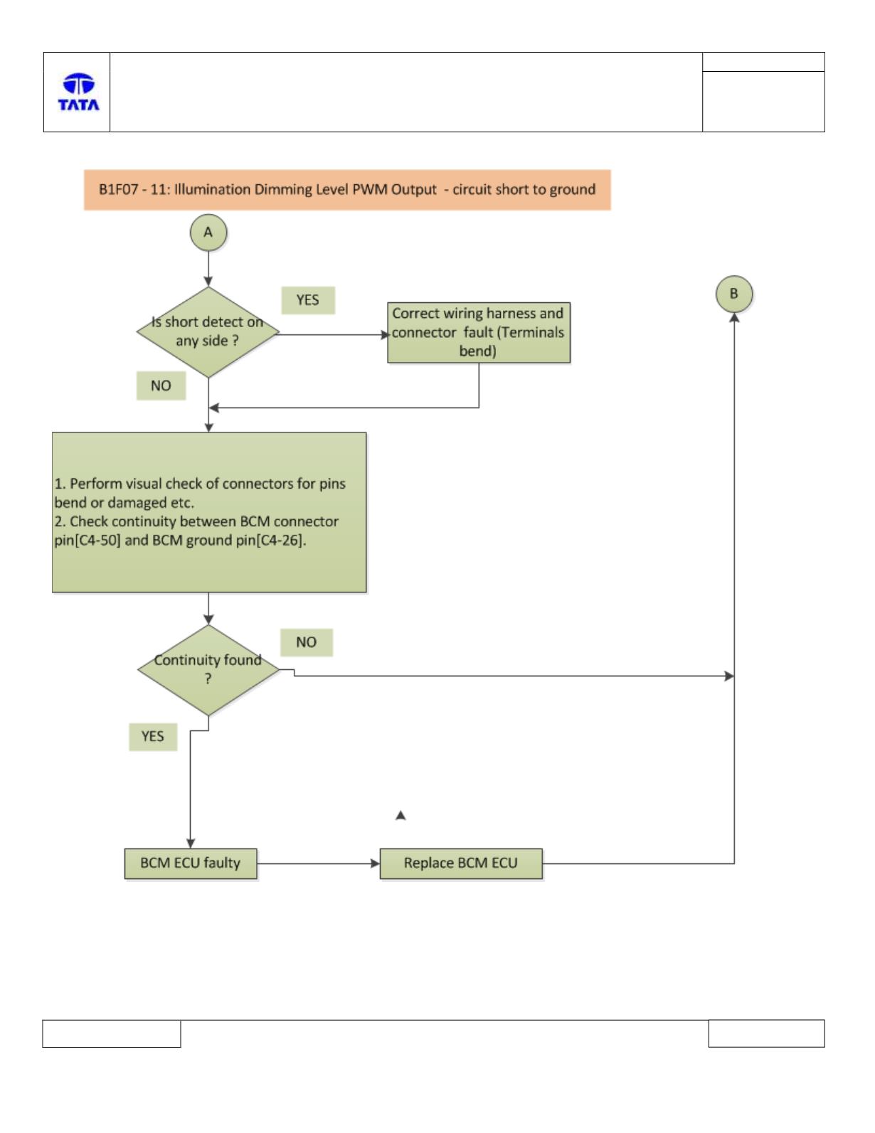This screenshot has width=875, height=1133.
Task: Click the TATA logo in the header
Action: click(78, 92)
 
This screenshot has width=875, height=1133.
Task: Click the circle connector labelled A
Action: click(208, 233)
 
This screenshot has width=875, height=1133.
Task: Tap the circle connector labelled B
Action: click(733, 294)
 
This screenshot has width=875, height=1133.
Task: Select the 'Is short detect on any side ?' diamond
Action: click(208, 332)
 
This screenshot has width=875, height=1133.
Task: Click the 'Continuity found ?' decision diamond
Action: click(208, 670)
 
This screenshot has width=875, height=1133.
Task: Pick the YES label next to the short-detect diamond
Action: click(307, 300)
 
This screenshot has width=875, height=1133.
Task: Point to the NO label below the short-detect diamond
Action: click(161, 385)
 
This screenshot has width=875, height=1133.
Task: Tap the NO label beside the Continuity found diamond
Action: click(306, 642)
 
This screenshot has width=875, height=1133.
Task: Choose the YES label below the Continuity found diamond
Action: click(153, 737)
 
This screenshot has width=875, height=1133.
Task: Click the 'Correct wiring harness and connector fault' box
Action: click(478, 333)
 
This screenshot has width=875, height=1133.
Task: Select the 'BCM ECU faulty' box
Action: click(191, 863)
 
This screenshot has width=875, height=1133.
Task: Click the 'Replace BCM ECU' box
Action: click(460, 863)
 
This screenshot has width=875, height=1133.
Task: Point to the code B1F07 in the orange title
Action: click(118, 189)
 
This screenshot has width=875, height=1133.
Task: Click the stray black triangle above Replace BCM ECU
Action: click(401, 816)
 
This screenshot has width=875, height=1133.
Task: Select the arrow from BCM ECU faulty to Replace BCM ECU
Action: click(318, 863)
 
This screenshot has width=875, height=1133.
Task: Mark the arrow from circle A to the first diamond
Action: click(208, 269)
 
